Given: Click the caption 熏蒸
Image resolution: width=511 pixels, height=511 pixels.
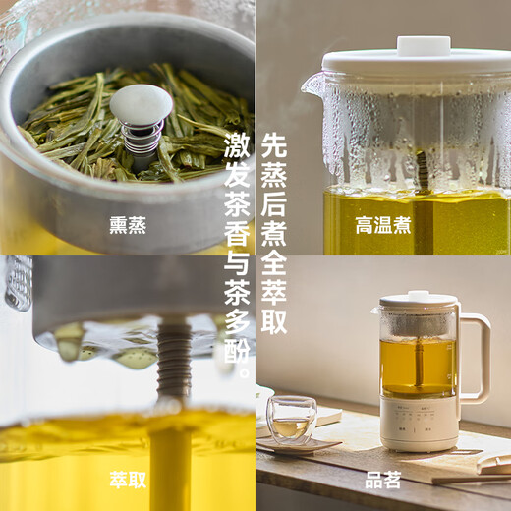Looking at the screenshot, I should tap(128, 224).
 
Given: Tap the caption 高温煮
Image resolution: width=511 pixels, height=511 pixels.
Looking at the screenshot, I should tap(383, 224).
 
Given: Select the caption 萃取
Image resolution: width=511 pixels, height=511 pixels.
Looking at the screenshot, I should tap(128, 480).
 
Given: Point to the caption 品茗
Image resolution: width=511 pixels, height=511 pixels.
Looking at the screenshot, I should tap(383, 480).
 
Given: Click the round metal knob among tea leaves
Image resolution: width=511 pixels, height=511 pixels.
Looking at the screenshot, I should tap(141, 105).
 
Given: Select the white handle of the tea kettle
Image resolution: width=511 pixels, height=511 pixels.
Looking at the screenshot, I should tap(479, 359).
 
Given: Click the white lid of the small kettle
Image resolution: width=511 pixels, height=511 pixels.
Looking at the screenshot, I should tap(418, 296).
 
